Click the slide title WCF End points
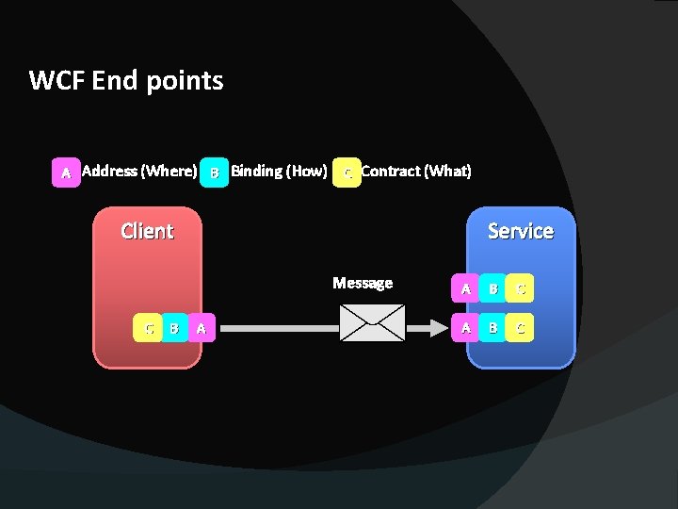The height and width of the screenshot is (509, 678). pyautogui.click(x=126, y=81)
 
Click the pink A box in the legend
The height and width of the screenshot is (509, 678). pyautogui.click(x=66, y=172)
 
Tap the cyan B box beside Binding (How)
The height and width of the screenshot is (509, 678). pyautogui.click(x=215, y=172)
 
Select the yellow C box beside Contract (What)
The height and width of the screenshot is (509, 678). pyautogui.click(x=347, y=172)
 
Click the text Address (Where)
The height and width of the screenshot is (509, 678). pyautogui.click(x=139, y=171)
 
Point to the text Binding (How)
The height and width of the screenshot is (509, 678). pyautogui.click(x=279, y=171)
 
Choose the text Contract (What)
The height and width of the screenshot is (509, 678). pyautogui.click(x=416, y=171)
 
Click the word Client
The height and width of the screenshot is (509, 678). pyautogui.click(x=147, y=231)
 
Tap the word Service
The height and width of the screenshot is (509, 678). pyautogui.click(x=520, y=231)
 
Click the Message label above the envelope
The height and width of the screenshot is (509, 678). pyautogui.click(x=363, y=283)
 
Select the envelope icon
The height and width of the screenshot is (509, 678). pyautogui.click(x=372, y=322)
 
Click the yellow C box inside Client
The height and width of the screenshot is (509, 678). pyautogui.click(x=148, y=328)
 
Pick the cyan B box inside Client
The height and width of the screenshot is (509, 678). pyautogui.click(x=174, y=328)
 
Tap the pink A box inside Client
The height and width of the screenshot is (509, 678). pyautogui.click(x=202, y=328)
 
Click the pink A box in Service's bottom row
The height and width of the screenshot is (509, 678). pyautogui.click(x=464, y=328)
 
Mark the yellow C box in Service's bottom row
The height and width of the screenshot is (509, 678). pyautogui.click(x=520, y=328)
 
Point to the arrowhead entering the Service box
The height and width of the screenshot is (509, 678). pyautogui.click(x=438, y=328)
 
